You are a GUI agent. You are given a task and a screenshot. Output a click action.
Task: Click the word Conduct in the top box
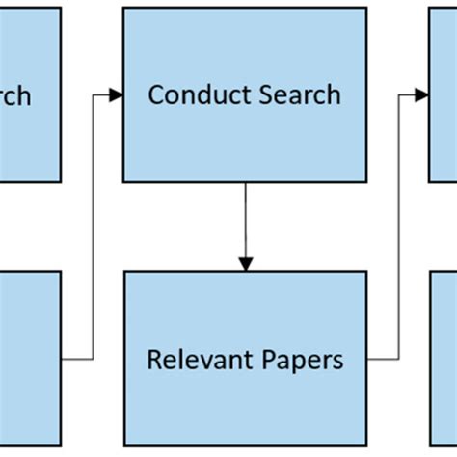pos(192,94)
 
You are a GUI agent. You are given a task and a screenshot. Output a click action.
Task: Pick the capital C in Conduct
pos(155,94)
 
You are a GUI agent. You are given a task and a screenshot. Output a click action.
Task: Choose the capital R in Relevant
pos(153,360)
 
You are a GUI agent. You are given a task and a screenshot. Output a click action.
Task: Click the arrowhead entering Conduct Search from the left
pos(116,94)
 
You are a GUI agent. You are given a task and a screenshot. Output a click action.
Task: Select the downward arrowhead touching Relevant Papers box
pos(245,263)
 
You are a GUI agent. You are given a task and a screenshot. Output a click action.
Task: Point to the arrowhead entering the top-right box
pos(421,94)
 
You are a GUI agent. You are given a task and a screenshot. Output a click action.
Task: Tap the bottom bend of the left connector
pos(94,359)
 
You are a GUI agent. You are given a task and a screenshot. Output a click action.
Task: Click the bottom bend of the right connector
pos(398,359)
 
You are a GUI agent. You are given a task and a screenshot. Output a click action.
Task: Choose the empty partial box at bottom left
pos(29,359)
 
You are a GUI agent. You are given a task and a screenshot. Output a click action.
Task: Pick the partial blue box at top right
pos(443,94)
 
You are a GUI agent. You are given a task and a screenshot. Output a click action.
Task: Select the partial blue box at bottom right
pos(443,359)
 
